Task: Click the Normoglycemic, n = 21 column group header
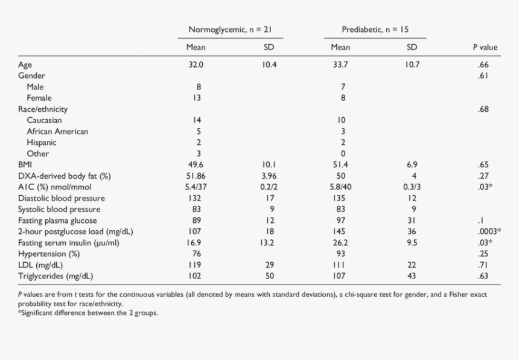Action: [x=230, y=30]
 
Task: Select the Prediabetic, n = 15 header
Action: [x=375, y=30]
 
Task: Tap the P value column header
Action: [x=485, y=47]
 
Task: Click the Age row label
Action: [x=25, y=65]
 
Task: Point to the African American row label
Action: [x=57, y=132]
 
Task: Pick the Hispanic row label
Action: [x=42, y=143]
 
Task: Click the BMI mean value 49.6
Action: [x=196, y=165]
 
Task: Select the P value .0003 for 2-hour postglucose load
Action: [x=487, y=231]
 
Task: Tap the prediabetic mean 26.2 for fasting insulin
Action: [x=340, y=243]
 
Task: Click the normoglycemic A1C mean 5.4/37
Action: [x=196, y=187]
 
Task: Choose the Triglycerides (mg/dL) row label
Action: [x=56, y=276]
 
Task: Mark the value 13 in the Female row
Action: [x=197, y=98]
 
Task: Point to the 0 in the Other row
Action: [x=343, y=153]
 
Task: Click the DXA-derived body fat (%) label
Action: [x=65, y=176]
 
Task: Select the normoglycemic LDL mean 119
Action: [x=194, y=265]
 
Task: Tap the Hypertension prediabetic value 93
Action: [x=340, y=254]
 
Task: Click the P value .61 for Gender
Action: [x=483, y=76]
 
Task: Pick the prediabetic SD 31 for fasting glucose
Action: [x=412, y=220]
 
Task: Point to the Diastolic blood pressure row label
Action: [x=62, y=198]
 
